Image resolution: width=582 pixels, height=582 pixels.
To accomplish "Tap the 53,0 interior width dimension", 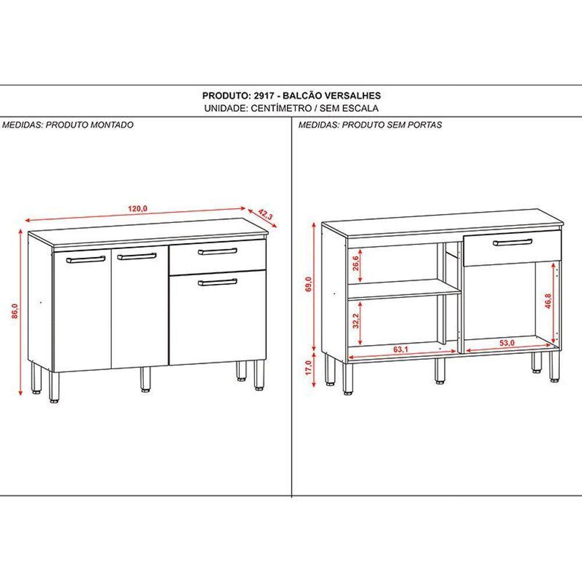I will (x=507, y=343).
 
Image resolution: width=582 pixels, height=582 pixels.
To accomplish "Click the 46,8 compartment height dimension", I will (x=547, y=303).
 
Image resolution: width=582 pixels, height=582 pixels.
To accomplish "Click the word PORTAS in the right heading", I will (x=425, y=125).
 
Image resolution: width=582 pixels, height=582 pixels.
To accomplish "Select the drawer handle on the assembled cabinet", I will (x=217, y=251).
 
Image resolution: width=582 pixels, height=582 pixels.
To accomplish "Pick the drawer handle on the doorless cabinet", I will (x=512, y=242).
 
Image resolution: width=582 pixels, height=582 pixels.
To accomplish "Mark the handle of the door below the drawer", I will (x=217, y=282).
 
